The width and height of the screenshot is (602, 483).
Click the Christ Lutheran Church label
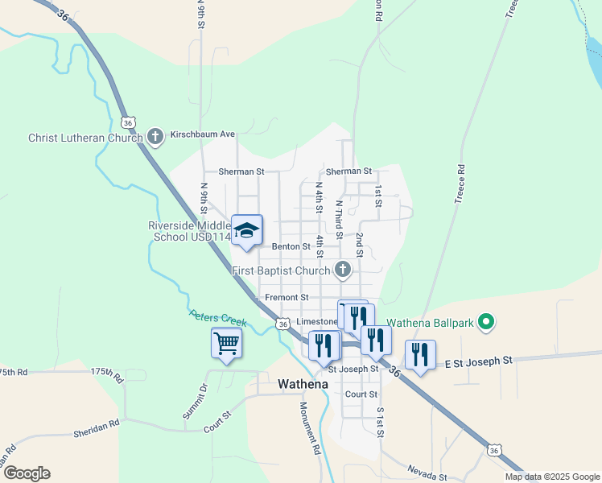point(85,138)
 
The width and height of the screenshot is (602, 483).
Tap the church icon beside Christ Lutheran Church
point(156,137)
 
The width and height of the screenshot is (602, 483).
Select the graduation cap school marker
point(247,230)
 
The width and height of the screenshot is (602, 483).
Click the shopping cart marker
point(227,344)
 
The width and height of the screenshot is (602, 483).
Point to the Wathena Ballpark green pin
point(484,323)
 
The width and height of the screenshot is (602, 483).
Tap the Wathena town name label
point(303,384)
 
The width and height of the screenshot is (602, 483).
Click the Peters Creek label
point(216,319)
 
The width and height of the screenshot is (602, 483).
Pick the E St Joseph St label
point(479,363)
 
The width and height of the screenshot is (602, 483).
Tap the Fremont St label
point(287,298)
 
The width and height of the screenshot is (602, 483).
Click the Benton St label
point(291,246)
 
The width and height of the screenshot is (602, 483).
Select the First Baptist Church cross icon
point(343,270)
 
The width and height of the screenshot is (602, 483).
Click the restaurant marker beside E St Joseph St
point(420,354)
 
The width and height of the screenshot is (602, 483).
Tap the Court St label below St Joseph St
point(361,394)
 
